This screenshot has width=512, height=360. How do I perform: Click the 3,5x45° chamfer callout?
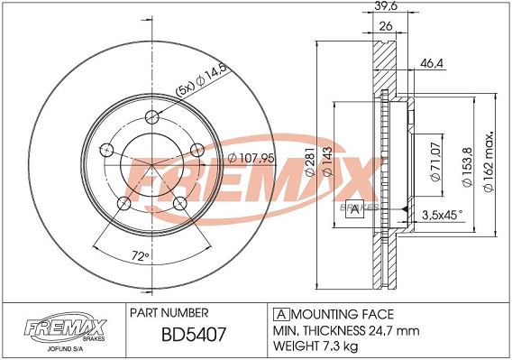(x=442, y=214)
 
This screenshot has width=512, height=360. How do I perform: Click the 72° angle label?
(x=139, y=256)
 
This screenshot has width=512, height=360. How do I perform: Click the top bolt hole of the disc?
(x=151, y=115)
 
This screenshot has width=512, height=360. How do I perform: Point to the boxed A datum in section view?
(x=356, y=210)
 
